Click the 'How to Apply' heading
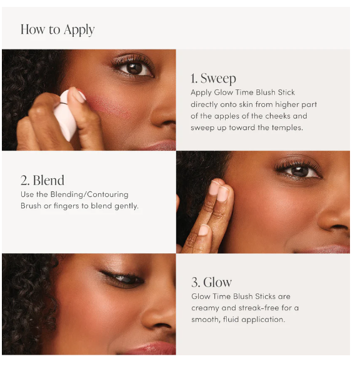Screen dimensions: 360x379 [57, 30]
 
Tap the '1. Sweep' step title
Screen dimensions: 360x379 [213, 79]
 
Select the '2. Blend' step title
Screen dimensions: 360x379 [42, 180]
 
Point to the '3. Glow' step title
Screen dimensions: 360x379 [211, 282]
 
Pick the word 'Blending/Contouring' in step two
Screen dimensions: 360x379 [89, 195]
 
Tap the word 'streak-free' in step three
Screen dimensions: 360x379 [259, 308]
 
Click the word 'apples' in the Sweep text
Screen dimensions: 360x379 [227, 116]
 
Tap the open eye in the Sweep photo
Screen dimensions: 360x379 [134, 69]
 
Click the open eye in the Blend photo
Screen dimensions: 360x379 [299, 171]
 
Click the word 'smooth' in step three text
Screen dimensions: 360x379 [205, 320]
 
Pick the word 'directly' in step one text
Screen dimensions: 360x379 [205, 104]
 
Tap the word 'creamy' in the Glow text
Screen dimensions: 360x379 [205, 308]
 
